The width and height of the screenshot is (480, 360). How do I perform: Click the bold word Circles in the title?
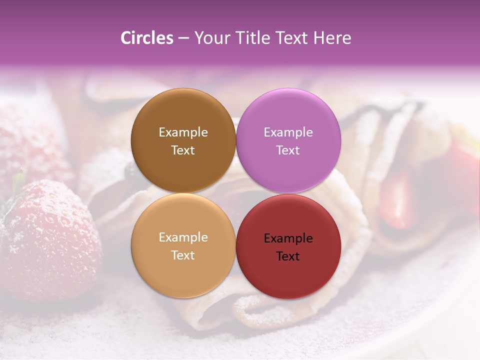[x=146, y=38]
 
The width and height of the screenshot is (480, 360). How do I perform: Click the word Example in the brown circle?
[x=183, y=132]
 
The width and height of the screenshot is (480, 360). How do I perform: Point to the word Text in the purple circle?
[x=288, y=150]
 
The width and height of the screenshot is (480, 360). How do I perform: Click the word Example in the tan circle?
[x=183, y=237]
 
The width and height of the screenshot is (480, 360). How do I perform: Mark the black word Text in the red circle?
[x=288, y=256]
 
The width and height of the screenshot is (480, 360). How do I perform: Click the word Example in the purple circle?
[x=288, y=132]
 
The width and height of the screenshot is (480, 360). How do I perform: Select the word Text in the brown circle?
[x=183, y=150]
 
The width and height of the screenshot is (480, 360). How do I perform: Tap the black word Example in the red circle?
[x=288, y=238]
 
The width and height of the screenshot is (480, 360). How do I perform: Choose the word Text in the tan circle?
[x=183, y=255]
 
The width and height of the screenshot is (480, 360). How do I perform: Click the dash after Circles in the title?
[x=183, y=38]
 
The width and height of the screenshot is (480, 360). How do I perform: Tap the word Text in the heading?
[x=290, y=38]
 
